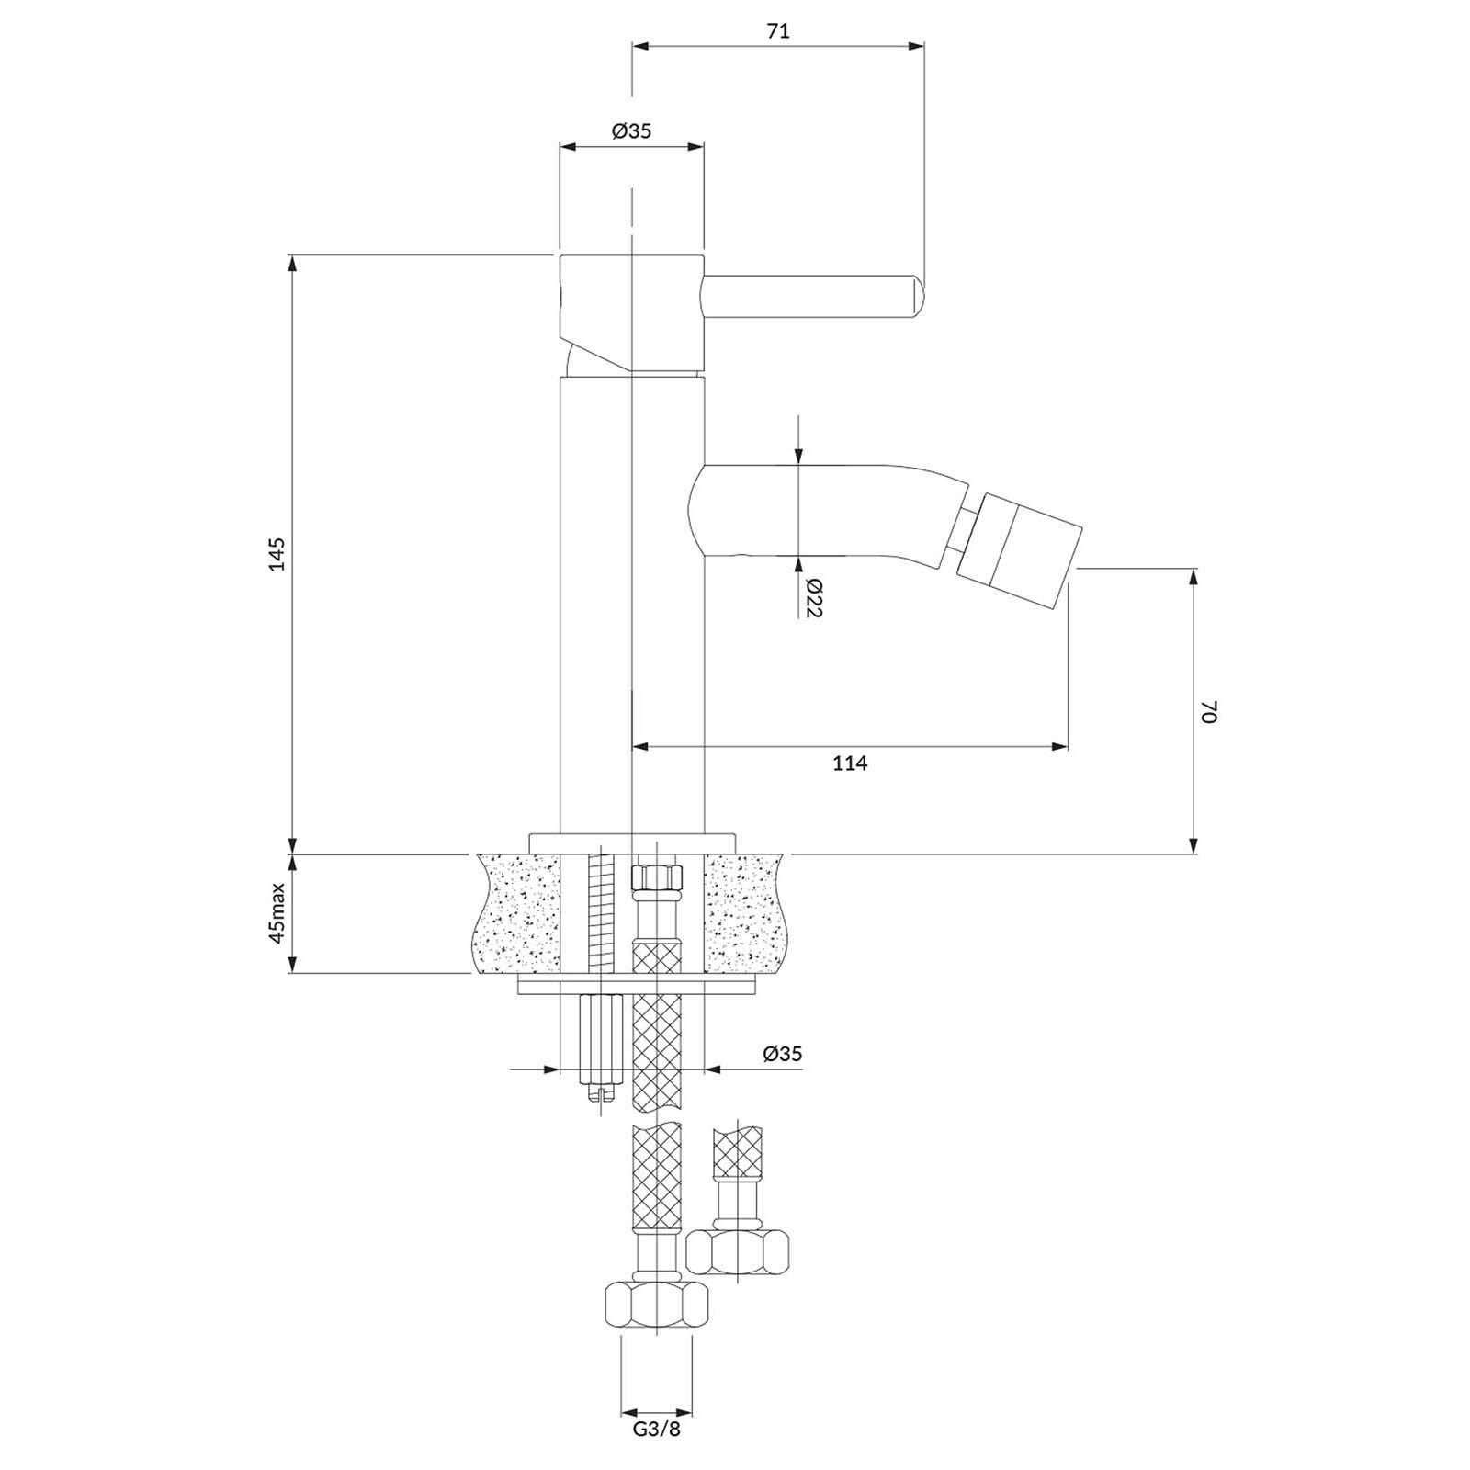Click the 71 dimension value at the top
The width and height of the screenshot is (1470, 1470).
[777, 30]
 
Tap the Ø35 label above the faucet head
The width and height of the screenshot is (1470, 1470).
[631, 130]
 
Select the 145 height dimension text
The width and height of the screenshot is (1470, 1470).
[277, 553]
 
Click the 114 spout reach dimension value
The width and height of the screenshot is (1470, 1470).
[850, 763]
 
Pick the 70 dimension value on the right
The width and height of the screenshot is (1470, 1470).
[1209, 711]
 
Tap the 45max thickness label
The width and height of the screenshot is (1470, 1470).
[277, 913]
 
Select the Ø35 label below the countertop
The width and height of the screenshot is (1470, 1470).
[782, 1053]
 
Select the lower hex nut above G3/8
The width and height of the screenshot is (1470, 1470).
[656, 1306]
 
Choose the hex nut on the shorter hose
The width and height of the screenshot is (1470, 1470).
[738, 1250]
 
